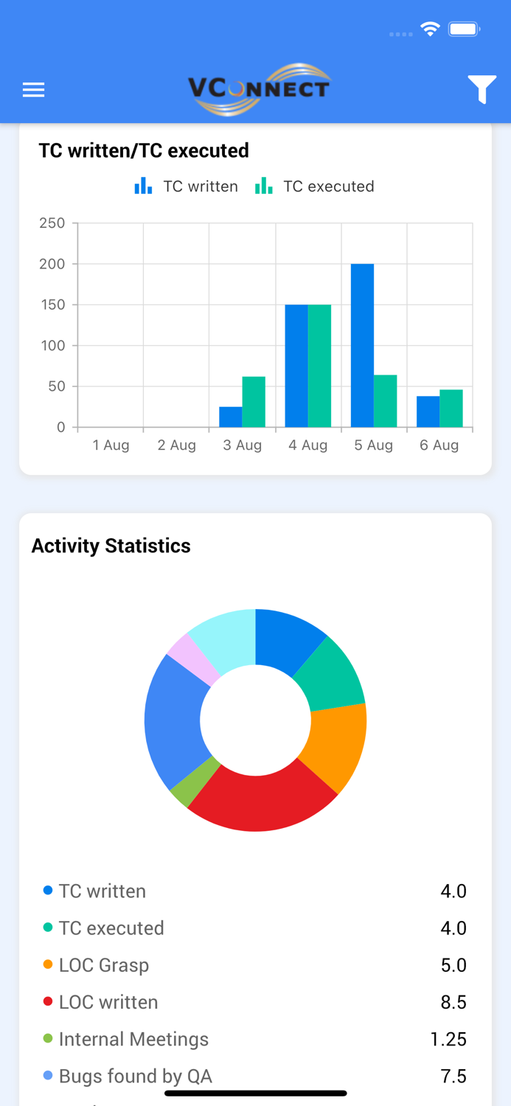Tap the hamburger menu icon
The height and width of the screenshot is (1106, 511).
pyautogui.click(x=33, y=90)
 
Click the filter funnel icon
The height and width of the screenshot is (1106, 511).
pyautogui.click(x=482, y=89)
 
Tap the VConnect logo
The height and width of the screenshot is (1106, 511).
pyautogui.click(x=259, y=89)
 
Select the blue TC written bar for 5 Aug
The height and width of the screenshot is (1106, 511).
pyautogui.click(x=362, y=345)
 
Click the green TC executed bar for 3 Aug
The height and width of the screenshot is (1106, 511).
pyautogui.click(x=254, y=402)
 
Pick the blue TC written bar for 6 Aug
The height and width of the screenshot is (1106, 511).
pyautogui.click(x=428, y=411)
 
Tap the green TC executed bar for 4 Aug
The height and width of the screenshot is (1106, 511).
pyautogui.click(x=319, y=366)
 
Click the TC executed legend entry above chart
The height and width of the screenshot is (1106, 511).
pyautogui.click(x=315, y=187)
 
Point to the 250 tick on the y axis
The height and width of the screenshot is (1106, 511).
pyautogui.click(x=52, y=223)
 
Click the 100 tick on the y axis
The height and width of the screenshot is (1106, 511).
pyautogui.click(x=52, y=345)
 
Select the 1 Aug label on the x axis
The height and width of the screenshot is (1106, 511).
pyautogui.click(x=111, y=445)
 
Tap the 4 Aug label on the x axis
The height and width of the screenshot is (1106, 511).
pyautogui.click(x=308, y=445)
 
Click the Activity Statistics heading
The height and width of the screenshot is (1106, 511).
pyautogui.click(x=111, y=546)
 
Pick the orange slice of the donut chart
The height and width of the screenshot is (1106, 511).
pyautogui.click(x=336, y=745)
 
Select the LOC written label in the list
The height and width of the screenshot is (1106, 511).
pyautogui.click(x=108, y=1002)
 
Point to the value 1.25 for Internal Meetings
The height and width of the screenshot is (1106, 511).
pyautogui.click(x=448, y=1039)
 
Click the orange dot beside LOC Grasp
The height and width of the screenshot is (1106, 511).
pyautogui.click(x=48, y=964)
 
